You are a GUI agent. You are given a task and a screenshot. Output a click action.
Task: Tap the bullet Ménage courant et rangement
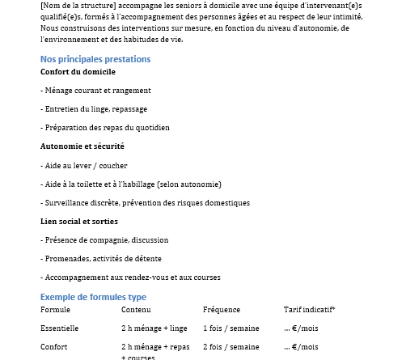[x=95, y=91]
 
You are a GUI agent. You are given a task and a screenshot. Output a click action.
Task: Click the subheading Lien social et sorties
[x=79, y=221]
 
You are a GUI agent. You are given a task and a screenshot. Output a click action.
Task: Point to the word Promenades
[x=66, y=259]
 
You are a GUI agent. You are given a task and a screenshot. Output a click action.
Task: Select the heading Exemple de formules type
[x=93, y=297]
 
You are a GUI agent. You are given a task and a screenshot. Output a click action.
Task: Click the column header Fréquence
[x=221, y=310]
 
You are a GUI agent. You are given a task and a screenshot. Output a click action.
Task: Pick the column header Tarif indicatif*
[x=310, y=310]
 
